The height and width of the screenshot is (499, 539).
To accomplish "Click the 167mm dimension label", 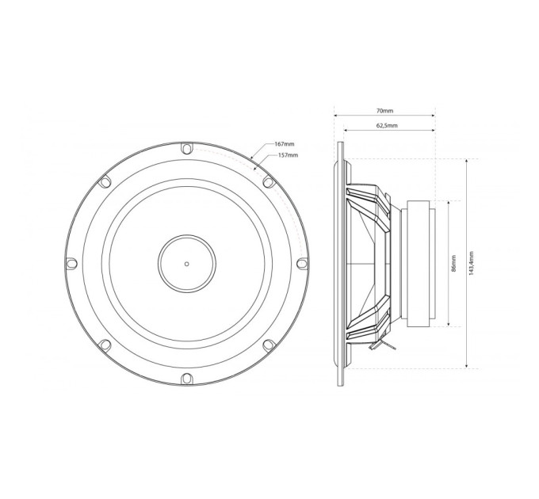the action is click(285, 144).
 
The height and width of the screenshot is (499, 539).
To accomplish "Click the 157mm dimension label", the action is click(288, 155).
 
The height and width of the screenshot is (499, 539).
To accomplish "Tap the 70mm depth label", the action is click(384, 111).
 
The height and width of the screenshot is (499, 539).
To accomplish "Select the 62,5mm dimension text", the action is click(387, 125).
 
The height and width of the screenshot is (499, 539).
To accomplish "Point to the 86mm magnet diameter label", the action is click(453, 264).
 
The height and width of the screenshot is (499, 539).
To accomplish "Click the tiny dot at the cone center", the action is click(186, 264).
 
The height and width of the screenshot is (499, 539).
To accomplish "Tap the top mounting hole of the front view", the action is click(186, 149).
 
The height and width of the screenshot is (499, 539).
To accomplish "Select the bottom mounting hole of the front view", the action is click(186, 378).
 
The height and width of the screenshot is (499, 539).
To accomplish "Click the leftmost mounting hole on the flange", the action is click(71, 264).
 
